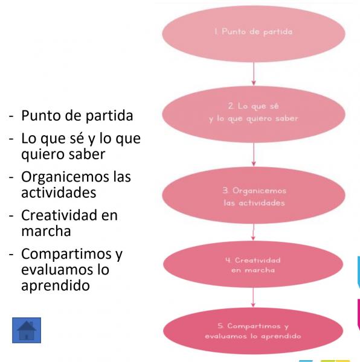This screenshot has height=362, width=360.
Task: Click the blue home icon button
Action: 27,330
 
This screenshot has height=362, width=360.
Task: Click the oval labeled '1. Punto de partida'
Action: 254,34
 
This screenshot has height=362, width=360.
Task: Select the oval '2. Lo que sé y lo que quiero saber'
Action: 254,114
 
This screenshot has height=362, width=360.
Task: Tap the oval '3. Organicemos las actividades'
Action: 254,195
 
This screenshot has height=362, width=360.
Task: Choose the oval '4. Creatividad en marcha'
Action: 253,264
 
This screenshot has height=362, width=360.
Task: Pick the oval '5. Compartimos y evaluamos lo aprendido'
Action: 253,331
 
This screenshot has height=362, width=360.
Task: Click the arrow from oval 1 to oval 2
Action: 254,74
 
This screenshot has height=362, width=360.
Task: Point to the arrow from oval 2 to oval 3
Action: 254,154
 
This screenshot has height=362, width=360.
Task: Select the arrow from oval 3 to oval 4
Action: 253,232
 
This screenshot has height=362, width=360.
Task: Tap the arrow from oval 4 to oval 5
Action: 253,297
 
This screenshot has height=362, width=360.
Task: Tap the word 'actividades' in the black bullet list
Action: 59,192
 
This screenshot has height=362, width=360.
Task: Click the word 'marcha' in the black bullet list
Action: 46,231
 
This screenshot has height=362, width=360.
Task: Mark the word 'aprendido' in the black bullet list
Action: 56,285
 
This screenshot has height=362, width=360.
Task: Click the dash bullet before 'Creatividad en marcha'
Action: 11,217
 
